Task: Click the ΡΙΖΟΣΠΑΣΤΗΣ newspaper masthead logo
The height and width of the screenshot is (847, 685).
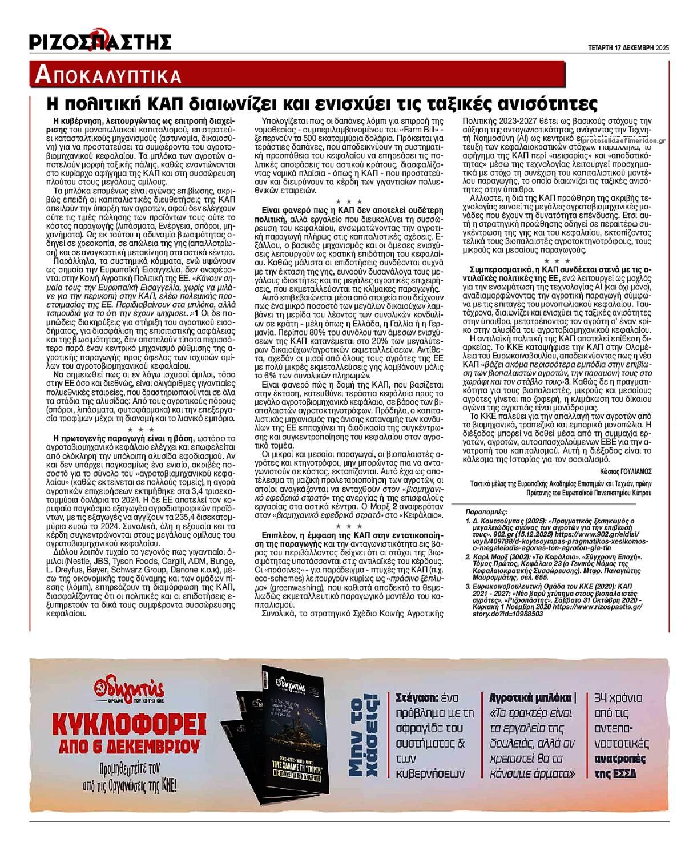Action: pyautogui.click(x=100, y=41)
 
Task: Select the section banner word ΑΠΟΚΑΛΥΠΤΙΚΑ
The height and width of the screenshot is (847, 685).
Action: pyautogui.click(x=108, y=75)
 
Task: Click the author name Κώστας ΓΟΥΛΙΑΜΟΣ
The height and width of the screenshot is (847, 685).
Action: pyautogui.click(x=626, y=471)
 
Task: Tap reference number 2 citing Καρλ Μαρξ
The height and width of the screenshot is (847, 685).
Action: pyautogui.click(x=469, y=556)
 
